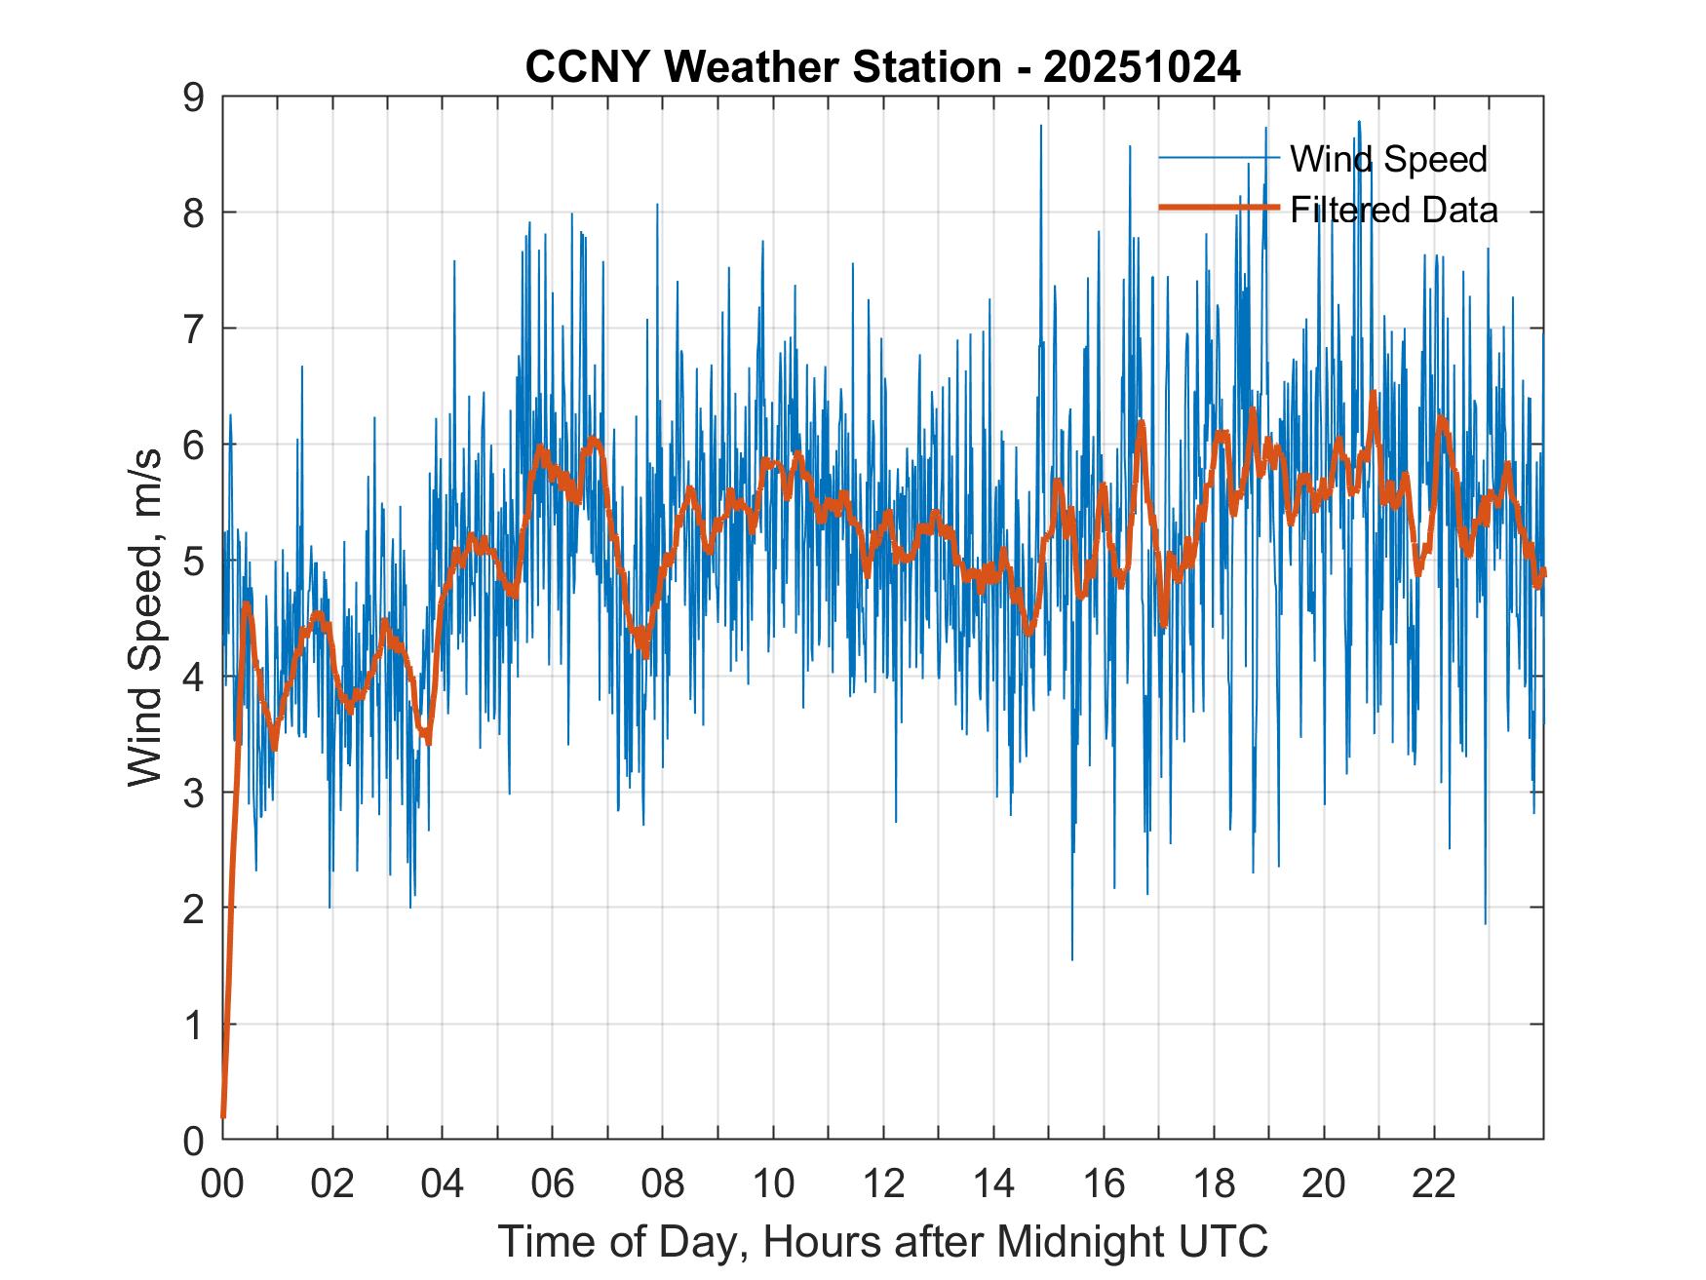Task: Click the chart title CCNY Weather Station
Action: click(x=762, y=67)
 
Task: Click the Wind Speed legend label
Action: click(x=1388, y=159)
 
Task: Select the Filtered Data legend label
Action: click(x=1393, y=210)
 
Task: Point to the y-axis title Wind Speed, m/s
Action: click(x=146, y=618)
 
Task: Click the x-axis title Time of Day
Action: click(x=883, y=1242)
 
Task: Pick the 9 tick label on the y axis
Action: click(x=194, y=97)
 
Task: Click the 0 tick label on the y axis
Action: click(x=194, y=1140)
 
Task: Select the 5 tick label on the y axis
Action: click(x=194, y=562)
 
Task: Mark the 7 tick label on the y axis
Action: click(x=194, y=330)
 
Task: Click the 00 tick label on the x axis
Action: click(x=222, y=1183)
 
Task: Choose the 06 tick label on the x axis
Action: click(x=553, y=1183)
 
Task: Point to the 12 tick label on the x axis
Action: click(x=883, y=1183)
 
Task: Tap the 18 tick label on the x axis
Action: click(x=1214, y=1183)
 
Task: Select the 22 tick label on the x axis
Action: click(x=1434, y=1183)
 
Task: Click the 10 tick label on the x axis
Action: click(x=773, y=1183)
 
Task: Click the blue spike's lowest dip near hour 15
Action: click(x=1072, y=959)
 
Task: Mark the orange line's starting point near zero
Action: click(x=223, y=1116)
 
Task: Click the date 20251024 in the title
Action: click(x=1142, y=67)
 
